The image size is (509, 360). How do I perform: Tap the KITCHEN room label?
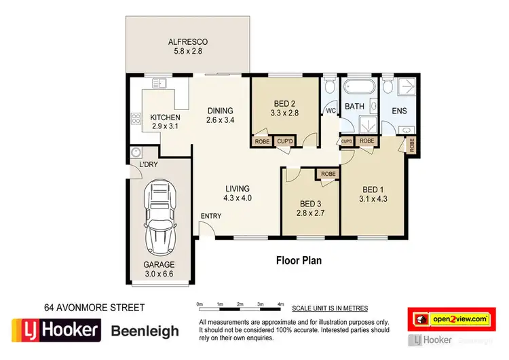pyautogui.click(x=165, y=118)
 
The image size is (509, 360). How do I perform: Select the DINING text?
pyautogui.click(x=221, y=111)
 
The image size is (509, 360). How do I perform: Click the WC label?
pyautogui.click(x=331, y=110)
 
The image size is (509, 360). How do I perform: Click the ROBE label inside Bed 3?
pyautogui.click(x=328, y=174)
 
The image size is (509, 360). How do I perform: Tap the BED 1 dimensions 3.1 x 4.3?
pyautogui.click(x=373, y=199)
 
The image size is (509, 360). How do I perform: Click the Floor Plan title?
pyautogui.click(x=299, y=259)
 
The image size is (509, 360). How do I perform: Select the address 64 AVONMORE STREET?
pyautogui.click(x=94, y=308)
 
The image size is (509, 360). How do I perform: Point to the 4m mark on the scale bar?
pyautogui.click(x=281, y=304)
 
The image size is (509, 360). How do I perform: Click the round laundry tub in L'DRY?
pyautogui.click(x=136, y=152)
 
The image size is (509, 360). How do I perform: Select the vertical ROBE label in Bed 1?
pyautogui.click(x=412, y=145)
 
